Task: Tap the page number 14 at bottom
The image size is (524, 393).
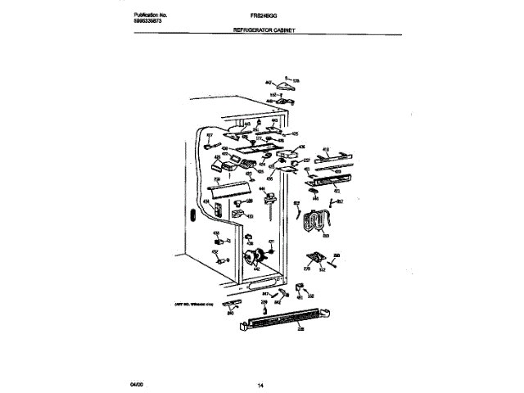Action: [260, 384]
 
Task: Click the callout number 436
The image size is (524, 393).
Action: [301, 147]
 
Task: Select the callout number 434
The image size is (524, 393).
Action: [207, 200]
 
